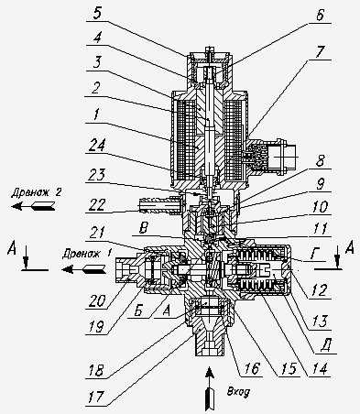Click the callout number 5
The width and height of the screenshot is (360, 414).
tap(97, 14)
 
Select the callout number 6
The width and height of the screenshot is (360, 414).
tap(320, 15)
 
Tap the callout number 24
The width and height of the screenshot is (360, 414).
tap(97, 147)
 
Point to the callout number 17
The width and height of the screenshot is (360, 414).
tap(96, 398)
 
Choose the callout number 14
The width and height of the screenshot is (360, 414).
tap(320, 369)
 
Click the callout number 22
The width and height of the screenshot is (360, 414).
tap(97, 204)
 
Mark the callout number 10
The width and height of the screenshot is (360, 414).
tap(320, 207)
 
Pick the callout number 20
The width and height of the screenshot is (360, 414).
tap(96, 301)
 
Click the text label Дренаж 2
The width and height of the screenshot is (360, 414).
tap(37, 192)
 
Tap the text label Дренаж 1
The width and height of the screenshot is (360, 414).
tap(86, 254)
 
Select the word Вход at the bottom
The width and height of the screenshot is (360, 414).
tap(238, 392)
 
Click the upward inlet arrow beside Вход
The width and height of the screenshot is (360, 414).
tap(209, 388)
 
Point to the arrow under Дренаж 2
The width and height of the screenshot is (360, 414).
tap(33, 206)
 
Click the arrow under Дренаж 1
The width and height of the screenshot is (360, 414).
tap(84, 269)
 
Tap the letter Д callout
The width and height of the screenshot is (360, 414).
tap(326, 346)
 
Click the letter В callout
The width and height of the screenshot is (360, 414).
tap(143, 229)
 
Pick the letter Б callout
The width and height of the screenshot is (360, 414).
tap(138, 310)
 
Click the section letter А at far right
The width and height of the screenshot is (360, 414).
tap(349, 247)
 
